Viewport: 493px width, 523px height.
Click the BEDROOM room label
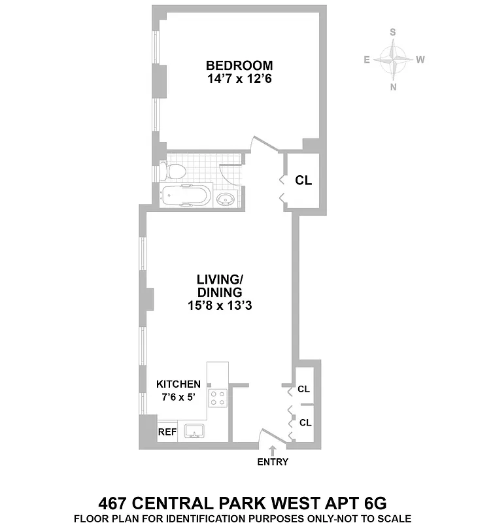(239, 65)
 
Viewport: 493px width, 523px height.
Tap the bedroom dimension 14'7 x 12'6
(239, 79)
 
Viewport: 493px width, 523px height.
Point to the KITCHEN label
(178, 384)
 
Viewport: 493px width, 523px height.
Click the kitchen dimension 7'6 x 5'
(178, 397)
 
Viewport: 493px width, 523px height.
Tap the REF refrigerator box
(167, 431)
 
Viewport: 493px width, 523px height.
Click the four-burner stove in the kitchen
(218, 398)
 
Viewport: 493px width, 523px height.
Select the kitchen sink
(195, 431)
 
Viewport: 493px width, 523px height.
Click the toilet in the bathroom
(175, 172)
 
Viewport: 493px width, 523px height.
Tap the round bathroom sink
(227, 199)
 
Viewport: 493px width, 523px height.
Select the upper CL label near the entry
(304, 389)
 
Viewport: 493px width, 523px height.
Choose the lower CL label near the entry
(305, 422)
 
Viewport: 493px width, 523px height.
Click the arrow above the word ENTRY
(273, 450)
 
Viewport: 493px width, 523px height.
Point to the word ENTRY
(273, 462)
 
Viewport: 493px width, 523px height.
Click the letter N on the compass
(393, 86)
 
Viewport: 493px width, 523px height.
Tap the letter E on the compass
(367, 59)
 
